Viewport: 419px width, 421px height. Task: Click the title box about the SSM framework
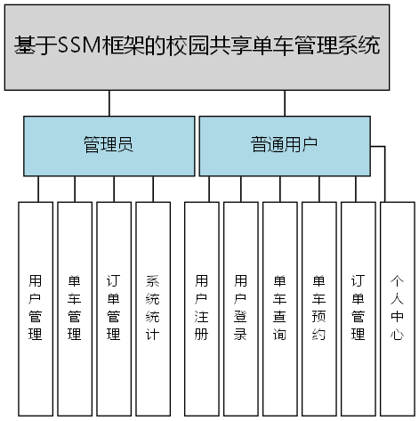pos(197,46)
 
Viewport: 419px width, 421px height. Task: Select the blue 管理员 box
pos(109,145)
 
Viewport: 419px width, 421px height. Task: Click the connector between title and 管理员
pos(109,102)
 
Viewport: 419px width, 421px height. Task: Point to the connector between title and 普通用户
pos(285,102)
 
